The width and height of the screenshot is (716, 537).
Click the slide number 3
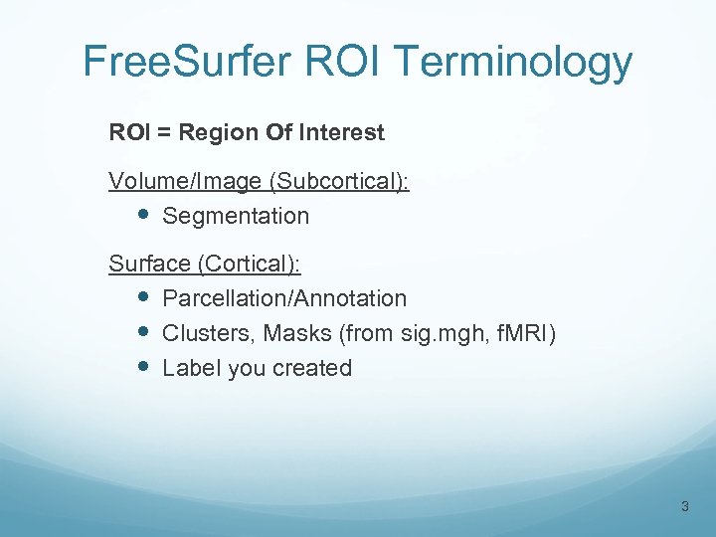click(684, 507)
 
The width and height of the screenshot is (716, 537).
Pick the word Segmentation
click(236, 216)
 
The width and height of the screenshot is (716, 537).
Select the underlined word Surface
click(149, 265)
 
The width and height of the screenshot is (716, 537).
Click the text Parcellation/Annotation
click(284, 298)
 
